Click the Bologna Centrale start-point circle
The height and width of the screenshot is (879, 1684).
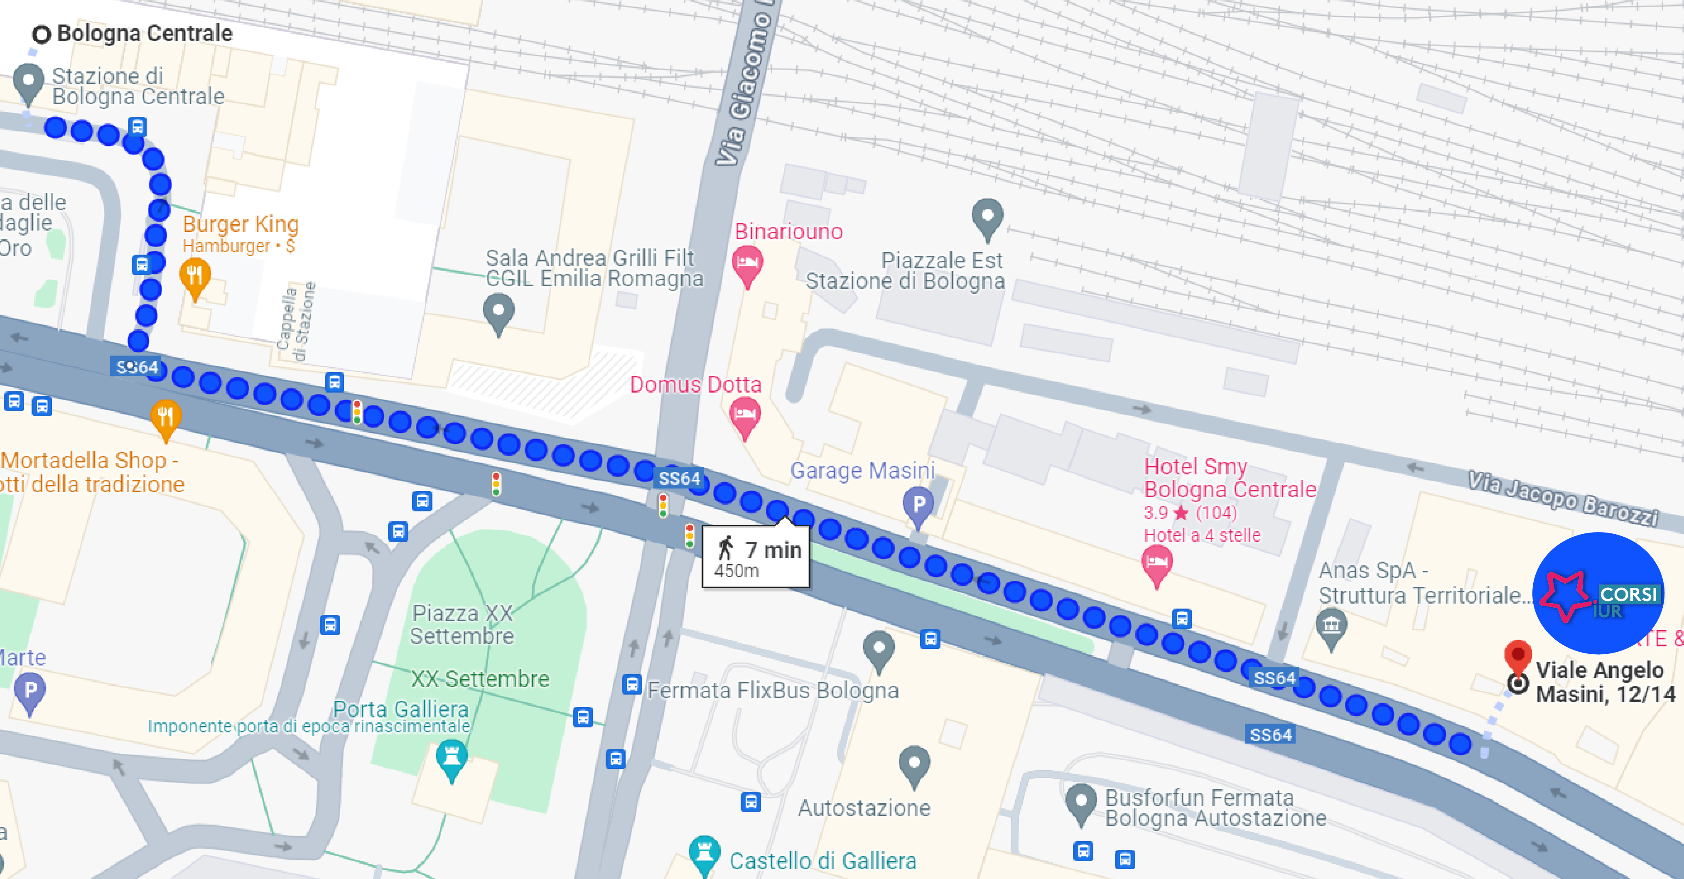point(41,34)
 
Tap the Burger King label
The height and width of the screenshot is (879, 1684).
point(240,224)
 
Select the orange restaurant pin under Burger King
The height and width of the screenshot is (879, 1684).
point(195,277)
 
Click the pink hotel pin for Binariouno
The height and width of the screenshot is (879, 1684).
point(747,265)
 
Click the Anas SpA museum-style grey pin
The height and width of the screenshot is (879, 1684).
point(1331,627)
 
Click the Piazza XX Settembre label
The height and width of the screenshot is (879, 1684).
point(462,624)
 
